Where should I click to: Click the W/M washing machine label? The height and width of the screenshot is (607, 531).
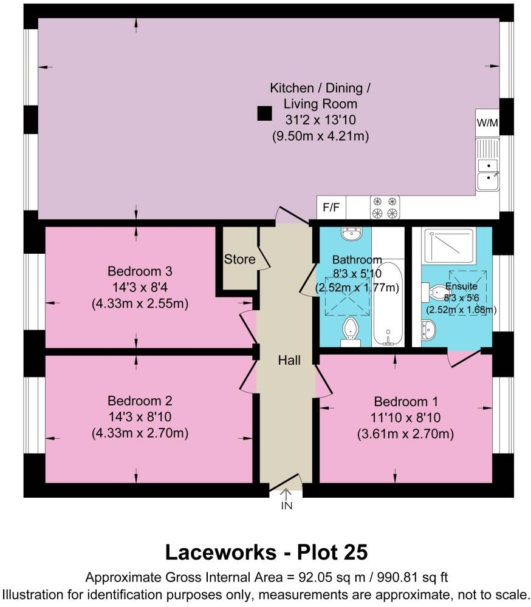(x=487, y=123)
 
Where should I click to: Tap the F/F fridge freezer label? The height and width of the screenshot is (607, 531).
(x=331, y=208)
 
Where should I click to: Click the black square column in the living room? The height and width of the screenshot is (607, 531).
(x=264, y=113)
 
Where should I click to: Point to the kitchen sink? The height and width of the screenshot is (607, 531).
(x=487, y=172)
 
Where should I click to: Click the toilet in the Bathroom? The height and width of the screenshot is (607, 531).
(x=350, y=331)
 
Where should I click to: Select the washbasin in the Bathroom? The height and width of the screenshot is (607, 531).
(x=351, y=234)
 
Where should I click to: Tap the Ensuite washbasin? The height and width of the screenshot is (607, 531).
(x=427, y=331)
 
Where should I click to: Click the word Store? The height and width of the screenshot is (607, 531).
(x=239, y=259)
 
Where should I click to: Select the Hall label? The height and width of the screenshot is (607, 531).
(x=289, y=360)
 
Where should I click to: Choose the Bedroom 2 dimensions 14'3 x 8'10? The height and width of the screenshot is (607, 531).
(x=140, y=417)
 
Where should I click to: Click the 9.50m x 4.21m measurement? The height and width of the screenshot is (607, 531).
(x=320, y=137)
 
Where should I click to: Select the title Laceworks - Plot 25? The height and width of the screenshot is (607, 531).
(x=266, y=552)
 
